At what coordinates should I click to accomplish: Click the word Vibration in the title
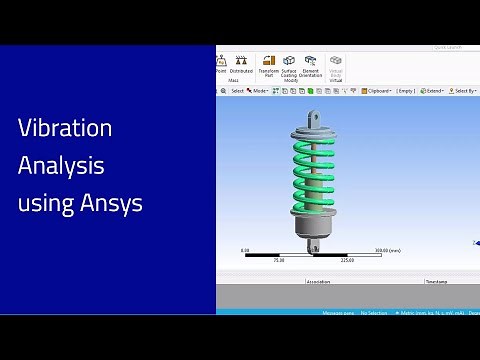click(65, 129)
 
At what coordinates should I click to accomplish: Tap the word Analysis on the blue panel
click(61, 166)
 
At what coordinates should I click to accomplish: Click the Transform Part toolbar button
click(269, 66)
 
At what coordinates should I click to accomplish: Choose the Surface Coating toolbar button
click(289, 66)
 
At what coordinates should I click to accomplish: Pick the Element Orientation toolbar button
click(311, 66)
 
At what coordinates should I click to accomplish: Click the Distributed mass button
click(241, 65)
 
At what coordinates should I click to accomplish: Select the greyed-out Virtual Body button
click(336, 66)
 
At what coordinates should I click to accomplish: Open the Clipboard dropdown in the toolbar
click(377, 91)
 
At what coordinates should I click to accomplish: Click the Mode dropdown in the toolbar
click(259, 91)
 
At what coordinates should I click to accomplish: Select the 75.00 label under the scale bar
click(278, 260)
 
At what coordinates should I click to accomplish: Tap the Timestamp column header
click(437, 282)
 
